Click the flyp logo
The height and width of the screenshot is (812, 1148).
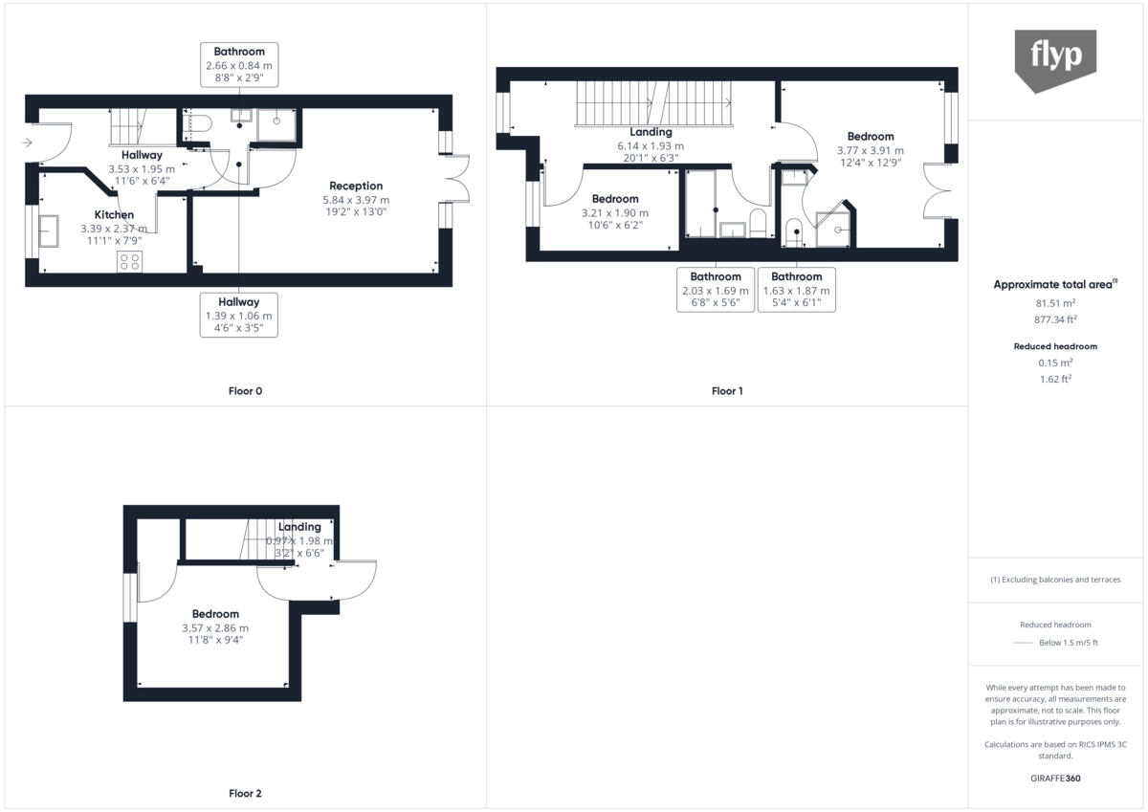[1055, 59]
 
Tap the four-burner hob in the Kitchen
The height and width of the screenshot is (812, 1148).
[129, 261]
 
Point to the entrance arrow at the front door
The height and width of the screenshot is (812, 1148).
[27, 143]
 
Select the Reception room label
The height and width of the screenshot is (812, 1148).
[356, 186]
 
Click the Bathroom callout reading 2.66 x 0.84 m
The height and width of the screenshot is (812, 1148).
[239, 65]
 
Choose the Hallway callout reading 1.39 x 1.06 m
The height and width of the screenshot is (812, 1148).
[239, 315]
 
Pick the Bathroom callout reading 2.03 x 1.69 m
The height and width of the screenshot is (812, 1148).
[716, 290]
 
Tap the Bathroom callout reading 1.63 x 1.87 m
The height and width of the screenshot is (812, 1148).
[796, 290]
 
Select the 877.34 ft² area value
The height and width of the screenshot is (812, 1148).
[1055, 320]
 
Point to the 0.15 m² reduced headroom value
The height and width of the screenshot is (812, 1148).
[1055, 362]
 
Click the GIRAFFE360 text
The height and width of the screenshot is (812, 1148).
[1055, 779]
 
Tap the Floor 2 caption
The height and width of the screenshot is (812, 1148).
[245, 793]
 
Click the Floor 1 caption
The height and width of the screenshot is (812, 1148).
[727, 390]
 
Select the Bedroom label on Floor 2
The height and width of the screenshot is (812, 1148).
[215, 614]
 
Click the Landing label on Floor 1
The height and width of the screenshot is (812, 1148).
[651, 132]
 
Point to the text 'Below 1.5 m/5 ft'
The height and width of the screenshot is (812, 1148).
[1069, 643]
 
